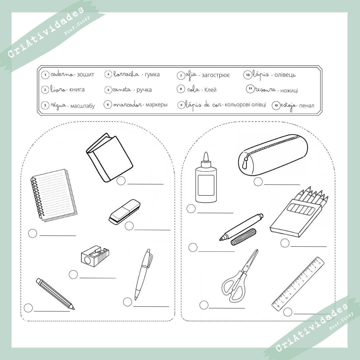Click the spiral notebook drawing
click(x=53, y=195)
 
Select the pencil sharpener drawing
click(x=95, y=256)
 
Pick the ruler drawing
click(x=298, y=283)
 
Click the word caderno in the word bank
click(x=62, y=74)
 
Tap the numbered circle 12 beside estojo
click(x=276, y=106)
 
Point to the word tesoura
click(x=266, y=89)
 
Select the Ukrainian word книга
click(x=77, y=89)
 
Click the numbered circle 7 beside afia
click(x=181, y=76)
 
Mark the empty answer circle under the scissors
click(x=204, y=305)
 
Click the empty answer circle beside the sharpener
click(x=73, y=275)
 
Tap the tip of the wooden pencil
click(x=72, y=307)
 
